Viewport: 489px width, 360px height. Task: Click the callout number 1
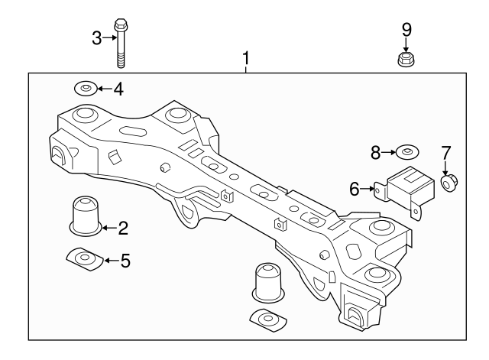coord(246,58)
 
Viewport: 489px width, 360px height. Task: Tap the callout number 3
coord(97,37)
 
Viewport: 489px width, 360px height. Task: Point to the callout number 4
coord(118,89)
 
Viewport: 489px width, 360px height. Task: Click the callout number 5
coord(125,261)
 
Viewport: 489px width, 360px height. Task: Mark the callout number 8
coord(376,153)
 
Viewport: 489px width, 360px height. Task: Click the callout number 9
coord(406,30)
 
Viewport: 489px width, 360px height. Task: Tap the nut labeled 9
coord(406,59)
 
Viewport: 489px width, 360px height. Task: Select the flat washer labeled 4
coord(85,89)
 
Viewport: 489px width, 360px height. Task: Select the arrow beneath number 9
coord(406,44)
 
